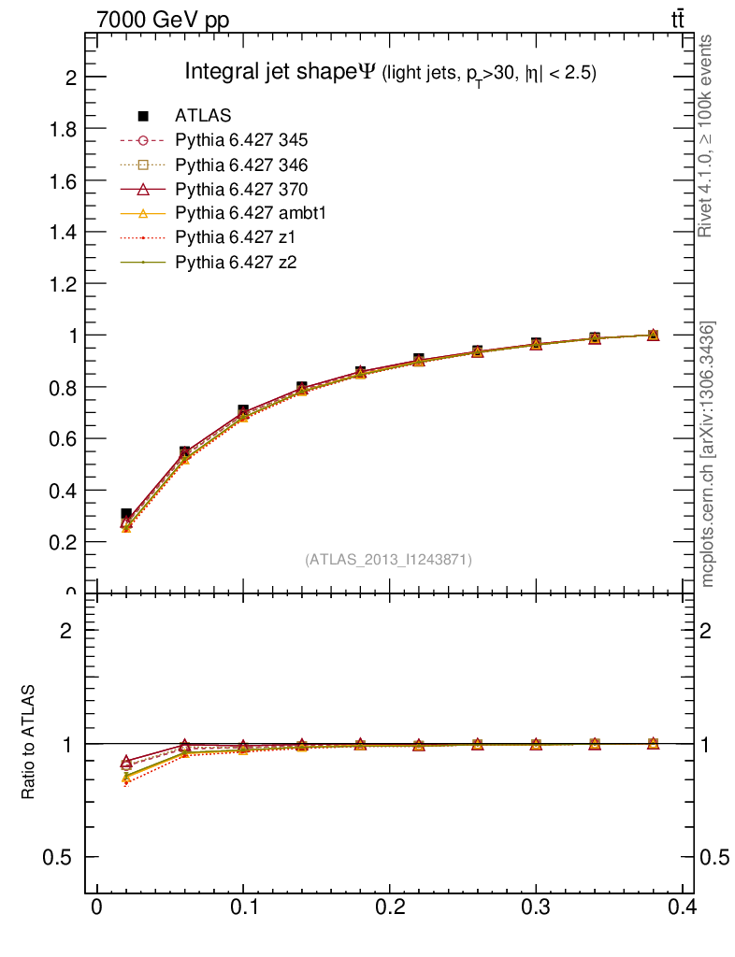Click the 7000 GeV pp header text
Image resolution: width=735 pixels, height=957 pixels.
[x=163, y=19]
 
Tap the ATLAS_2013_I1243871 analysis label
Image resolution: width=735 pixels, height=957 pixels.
[x=388, y=560]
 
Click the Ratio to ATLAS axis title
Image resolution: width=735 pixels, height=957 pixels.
[x=29, y=742]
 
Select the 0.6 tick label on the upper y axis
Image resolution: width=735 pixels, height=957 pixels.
[x=64, y=438]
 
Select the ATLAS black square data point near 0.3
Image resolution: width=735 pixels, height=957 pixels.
[x=536, y=344]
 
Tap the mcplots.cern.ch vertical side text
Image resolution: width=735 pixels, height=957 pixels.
[x=709, y=454]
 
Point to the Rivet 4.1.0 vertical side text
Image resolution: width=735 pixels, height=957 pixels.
[x=707, y=136]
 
